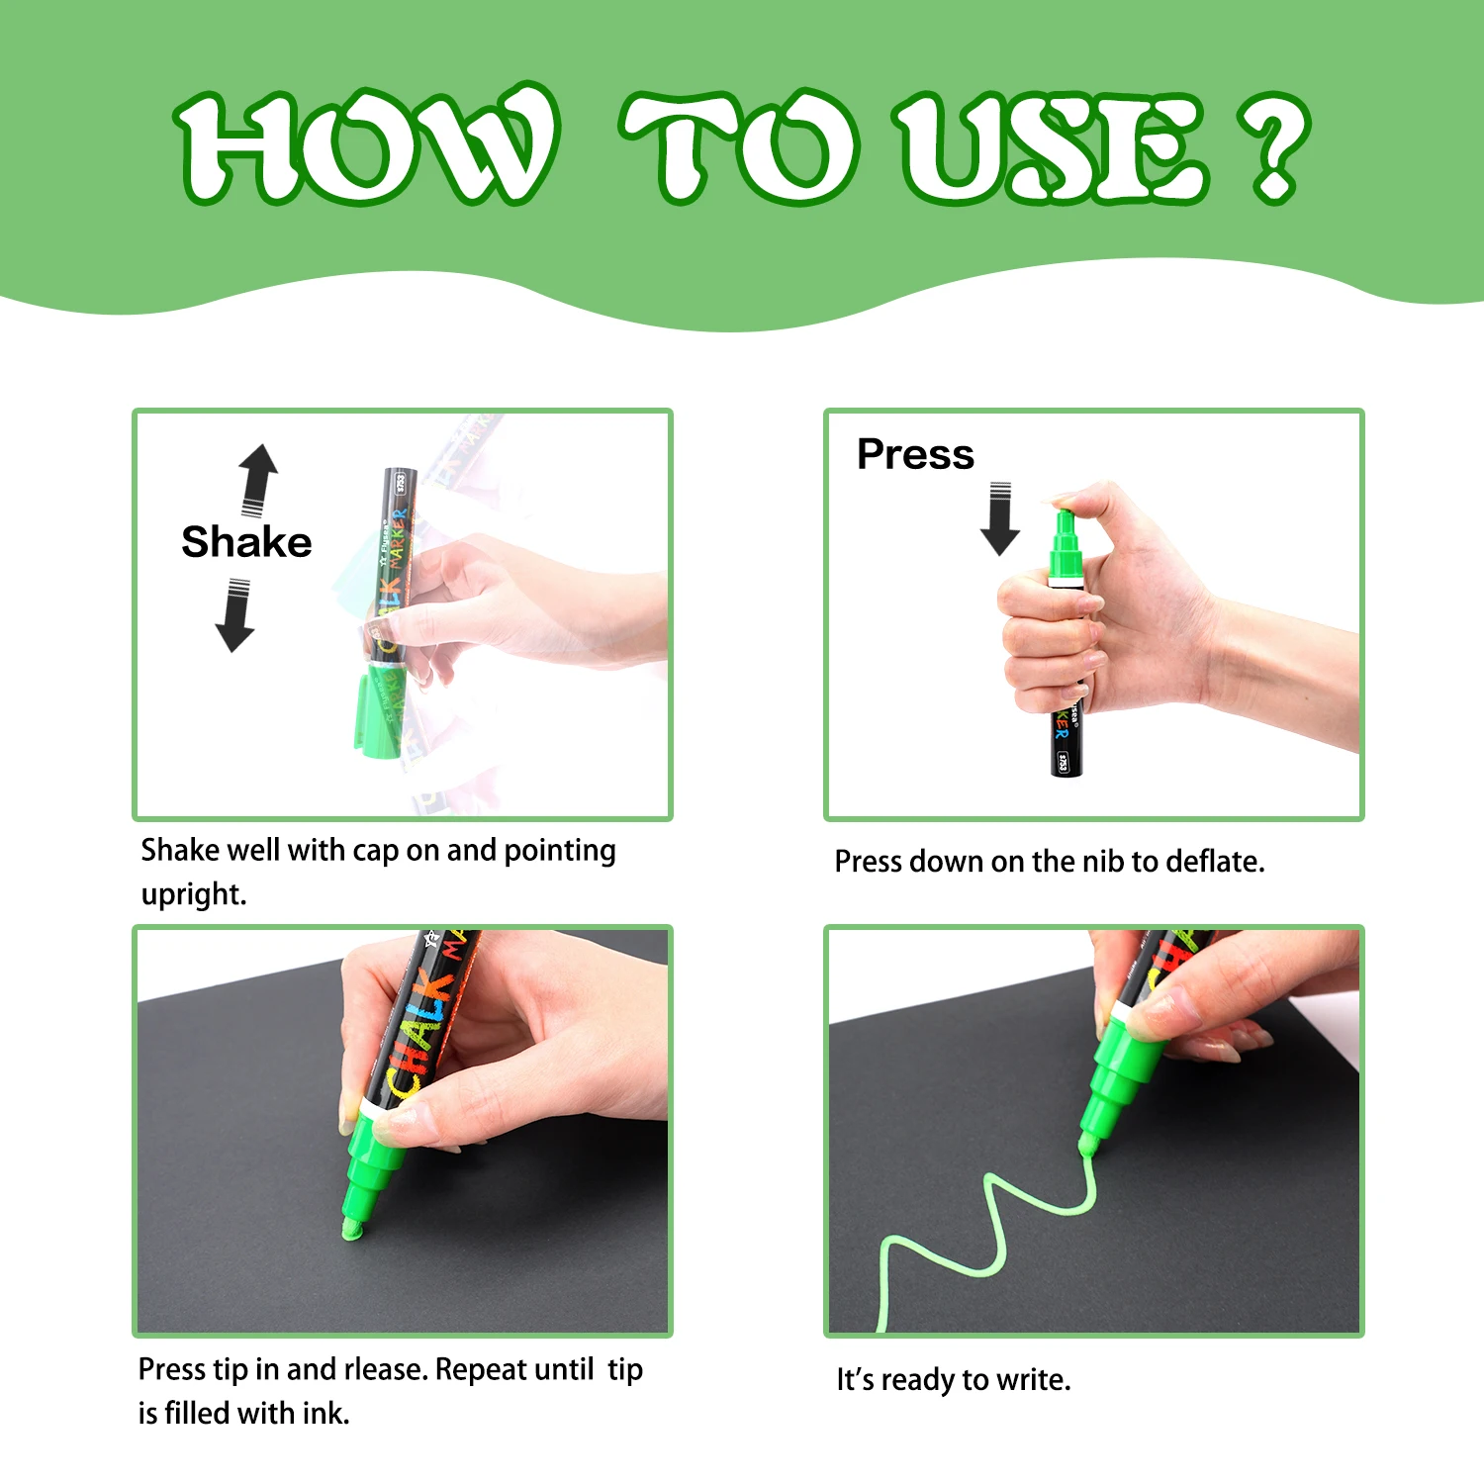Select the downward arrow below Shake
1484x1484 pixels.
point(235,616)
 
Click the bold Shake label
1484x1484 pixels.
point(246,542)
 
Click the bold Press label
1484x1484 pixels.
point(915,454)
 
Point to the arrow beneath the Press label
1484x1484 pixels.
point(1000,519)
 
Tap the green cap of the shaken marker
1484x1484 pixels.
point(376,710)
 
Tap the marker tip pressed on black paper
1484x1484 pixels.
point(352,1225)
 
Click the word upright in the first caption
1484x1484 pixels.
point(193,894)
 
